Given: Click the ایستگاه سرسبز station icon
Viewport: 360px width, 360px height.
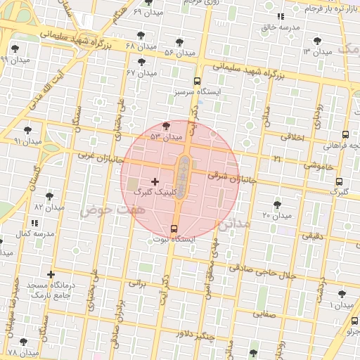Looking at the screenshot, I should point(198,81).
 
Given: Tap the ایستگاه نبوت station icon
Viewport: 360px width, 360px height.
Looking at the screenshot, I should point(174,228).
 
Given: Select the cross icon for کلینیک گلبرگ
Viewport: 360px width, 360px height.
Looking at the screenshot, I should point(155,181).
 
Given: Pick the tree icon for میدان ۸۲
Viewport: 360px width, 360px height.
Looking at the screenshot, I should point(49,196).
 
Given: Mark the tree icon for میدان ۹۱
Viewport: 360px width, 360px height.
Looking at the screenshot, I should point(27,130).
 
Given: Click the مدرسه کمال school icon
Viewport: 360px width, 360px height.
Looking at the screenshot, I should point(35,223).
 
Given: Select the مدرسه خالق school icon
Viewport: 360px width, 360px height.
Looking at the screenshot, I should point(281,16).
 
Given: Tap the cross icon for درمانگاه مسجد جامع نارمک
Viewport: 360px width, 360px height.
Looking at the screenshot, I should point(51,274).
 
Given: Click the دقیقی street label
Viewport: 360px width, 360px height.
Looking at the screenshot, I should point(313,237).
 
